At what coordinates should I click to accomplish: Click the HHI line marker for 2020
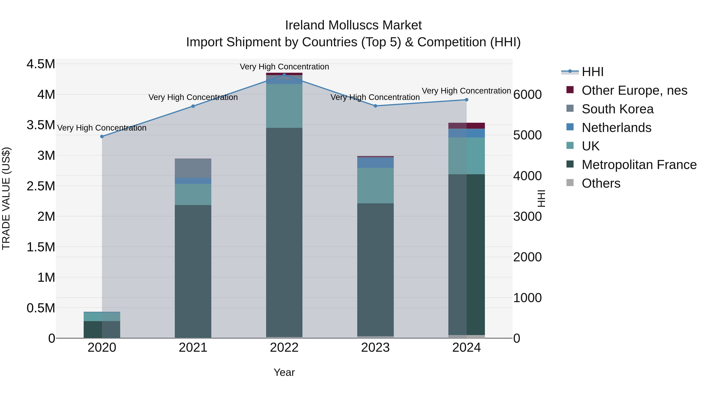click(x=102, y=136)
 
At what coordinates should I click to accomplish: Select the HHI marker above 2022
click(x=284, y=75)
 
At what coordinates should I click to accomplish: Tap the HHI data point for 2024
click(x=466, y=100)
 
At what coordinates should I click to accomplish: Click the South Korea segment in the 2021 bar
click(x=193, y=168)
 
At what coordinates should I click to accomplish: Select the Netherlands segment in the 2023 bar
click(x=375, y=163)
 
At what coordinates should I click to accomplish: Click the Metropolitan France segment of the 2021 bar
click(x=193, y=271)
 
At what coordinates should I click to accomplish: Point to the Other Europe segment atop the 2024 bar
click(x=466, y=126)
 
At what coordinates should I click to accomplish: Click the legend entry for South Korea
click(x=617, y=109)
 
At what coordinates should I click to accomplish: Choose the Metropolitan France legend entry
click(x=639, y=165)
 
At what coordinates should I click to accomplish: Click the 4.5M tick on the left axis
click(x=41, y=64)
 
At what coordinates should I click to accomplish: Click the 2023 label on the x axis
click(x=375, y=348)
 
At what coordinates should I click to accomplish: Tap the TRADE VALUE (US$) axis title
click(x=6, y=198)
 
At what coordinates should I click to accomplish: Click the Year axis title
click(x=284, y=372)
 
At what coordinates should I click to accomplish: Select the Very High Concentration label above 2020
click(x=102, y=128)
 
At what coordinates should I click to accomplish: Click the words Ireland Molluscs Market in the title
click(x=353, y=25)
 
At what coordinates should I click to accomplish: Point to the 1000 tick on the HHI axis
click(x=527, y=298)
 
